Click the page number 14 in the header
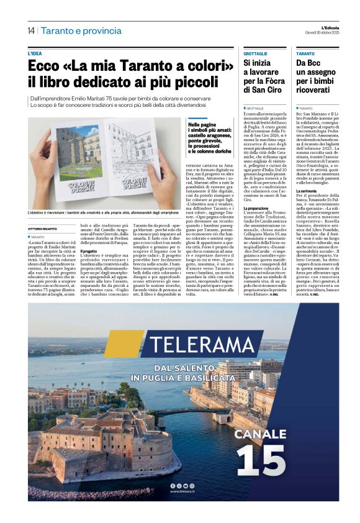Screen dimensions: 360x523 pos(31,30)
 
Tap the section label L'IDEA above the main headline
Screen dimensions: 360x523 pos(36,54)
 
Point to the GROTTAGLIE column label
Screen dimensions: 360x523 pos(255,54)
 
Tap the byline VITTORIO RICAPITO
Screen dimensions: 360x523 pos(47,229)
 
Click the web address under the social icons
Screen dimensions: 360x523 pos(183,491)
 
